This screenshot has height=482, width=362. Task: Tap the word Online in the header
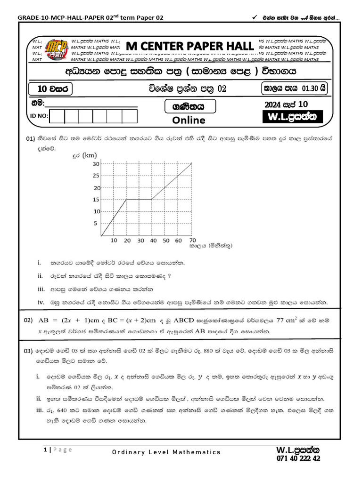coord(189,120)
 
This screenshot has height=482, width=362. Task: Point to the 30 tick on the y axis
coord(96,164)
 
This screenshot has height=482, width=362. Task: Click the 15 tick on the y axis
coord(96,200)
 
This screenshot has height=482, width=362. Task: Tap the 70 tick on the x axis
coord(192,241)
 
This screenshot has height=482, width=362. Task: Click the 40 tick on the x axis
coord(153,241)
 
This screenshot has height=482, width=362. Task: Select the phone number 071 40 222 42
coord(298,458)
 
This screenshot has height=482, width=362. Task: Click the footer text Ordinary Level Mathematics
coord(166,452)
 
